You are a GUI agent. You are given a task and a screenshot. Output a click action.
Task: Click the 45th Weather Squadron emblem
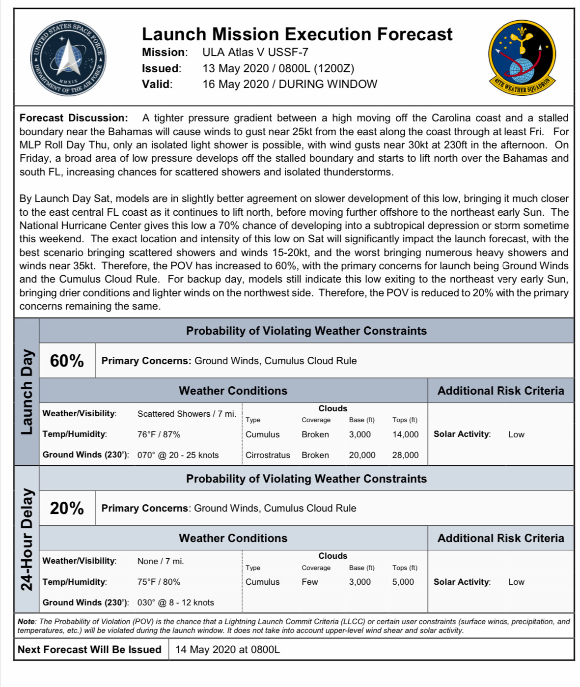tap(522, 58)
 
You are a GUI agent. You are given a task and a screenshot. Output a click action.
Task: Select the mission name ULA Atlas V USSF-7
tap(255, 52)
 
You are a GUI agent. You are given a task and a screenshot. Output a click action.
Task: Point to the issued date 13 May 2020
tap(236, 68)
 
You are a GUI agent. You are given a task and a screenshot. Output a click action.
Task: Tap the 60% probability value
tap(67, 361)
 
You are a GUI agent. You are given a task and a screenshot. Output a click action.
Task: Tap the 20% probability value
tap(67, 508)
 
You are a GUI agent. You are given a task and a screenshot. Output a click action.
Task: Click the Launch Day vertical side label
tap(27, 392)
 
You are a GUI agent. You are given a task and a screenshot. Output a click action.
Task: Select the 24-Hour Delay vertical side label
tap(27, 539)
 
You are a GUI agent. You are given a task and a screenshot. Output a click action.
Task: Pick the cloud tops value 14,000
tap(405, 434)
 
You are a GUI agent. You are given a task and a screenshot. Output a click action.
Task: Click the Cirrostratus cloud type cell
tap(268, 455)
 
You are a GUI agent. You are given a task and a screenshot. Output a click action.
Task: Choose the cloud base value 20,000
tap(362, 455)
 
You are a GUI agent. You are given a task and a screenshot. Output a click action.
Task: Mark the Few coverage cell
tap(310, 582)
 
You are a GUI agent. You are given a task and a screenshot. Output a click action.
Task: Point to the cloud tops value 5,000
tap(403, 582)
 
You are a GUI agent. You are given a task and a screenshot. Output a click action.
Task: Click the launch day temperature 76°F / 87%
tap(159, 434)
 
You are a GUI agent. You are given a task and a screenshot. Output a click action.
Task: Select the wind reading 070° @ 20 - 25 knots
tap(178, 455)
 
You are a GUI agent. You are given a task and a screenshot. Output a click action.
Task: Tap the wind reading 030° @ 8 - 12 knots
tap(175, 602)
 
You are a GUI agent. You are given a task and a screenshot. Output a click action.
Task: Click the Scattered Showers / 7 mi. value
tap(187, 414)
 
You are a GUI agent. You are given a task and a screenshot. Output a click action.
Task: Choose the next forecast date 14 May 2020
tap(227, 650)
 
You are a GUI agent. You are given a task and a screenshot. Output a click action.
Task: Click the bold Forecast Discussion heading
tap(74, 118)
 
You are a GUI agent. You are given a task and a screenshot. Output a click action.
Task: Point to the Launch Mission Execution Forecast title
tap(297, 34)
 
